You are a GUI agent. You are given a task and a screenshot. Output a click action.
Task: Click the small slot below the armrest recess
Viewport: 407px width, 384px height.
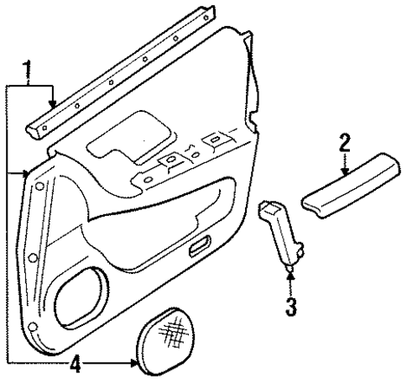[200, 246]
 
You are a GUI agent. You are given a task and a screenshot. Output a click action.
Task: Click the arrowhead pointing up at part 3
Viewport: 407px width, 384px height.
[290, 270]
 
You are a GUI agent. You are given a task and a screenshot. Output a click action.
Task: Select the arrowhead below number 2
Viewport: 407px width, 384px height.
[343, 174]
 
